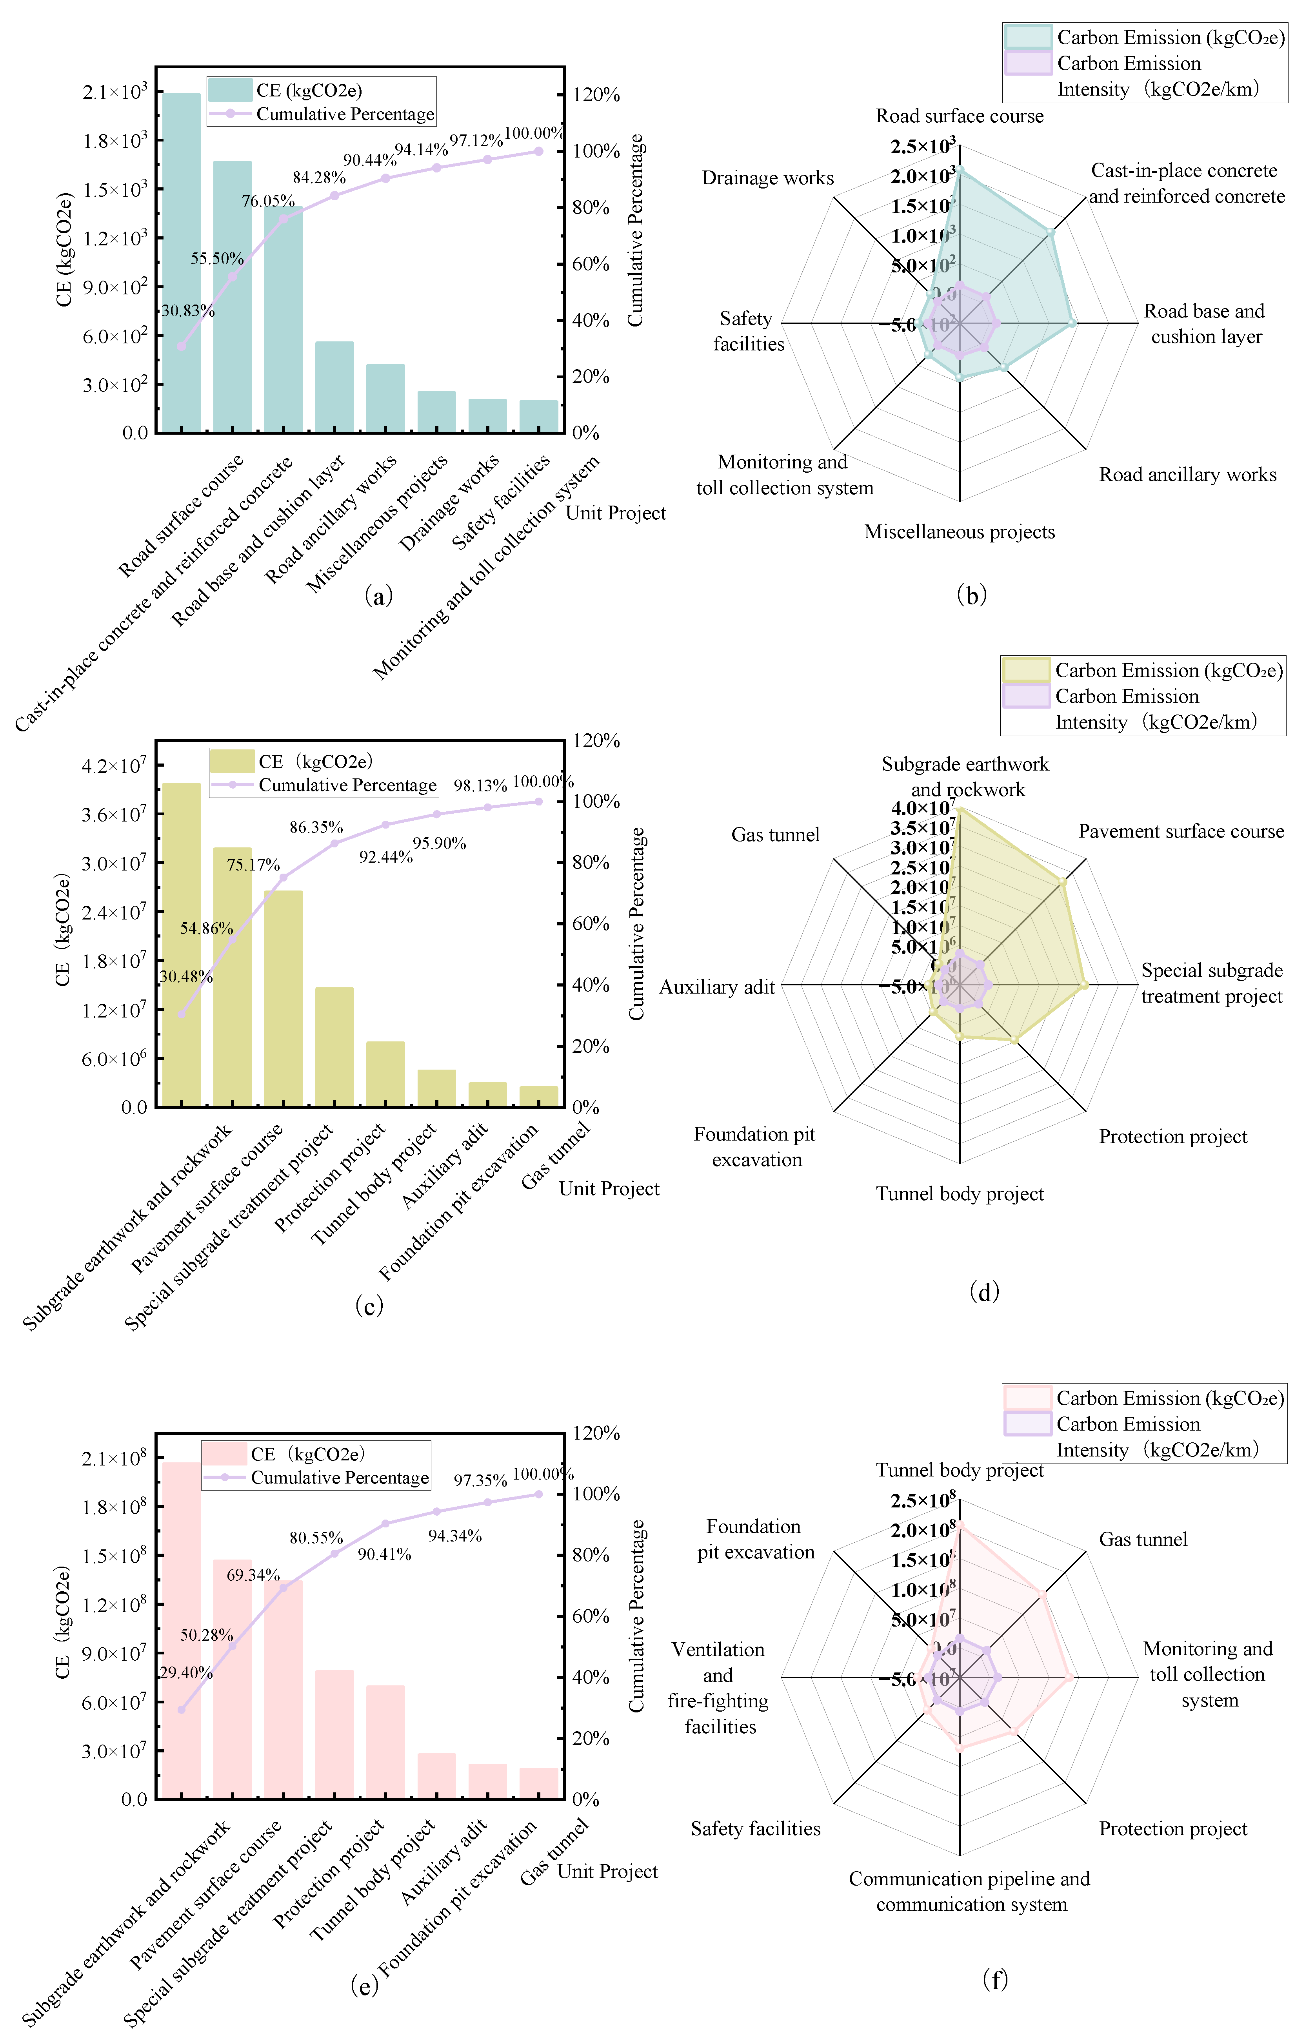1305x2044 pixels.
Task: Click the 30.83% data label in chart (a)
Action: [188, 311]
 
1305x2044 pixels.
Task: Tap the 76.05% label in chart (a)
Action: [268, 201]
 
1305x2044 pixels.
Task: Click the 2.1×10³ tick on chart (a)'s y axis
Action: [115, 92]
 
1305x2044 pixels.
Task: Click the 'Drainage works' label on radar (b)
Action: [767, 178]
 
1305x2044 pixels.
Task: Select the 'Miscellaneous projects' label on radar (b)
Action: [960, 532]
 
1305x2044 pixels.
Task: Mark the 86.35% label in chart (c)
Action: [316, 827]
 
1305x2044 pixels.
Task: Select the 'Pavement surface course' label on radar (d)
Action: [1181, 832]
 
